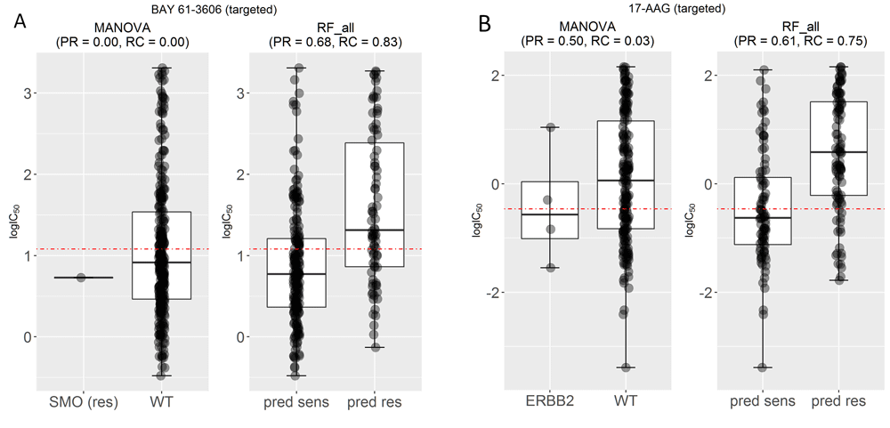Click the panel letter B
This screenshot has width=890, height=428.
[x=486, y=23]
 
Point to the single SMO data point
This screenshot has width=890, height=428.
[x=82, y=278]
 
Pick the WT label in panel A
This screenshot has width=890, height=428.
[x=161, y=403]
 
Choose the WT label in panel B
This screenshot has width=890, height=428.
[x=628, y=403]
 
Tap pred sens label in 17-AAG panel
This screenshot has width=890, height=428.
[x=762, y=403]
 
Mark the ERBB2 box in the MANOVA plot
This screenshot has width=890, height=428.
[x=549, y=210]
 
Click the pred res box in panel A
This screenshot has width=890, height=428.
[x=374, y=205]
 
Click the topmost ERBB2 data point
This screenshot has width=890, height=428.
[x=551, y=127]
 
